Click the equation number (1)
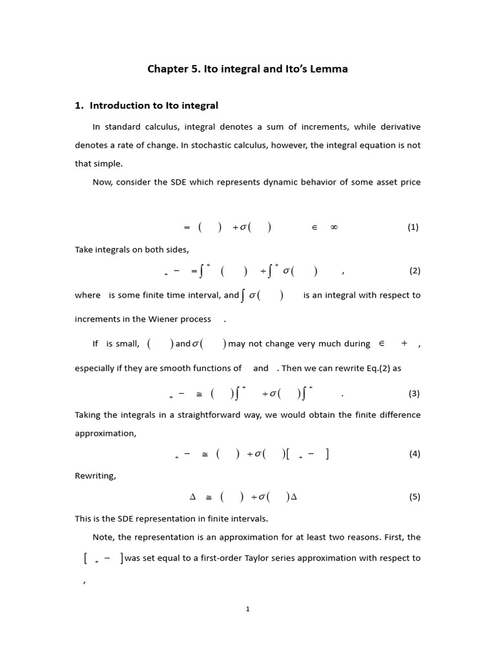(x=413, y=227)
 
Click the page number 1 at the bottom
(x=247, y=609)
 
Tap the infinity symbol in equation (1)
(x=334, y=227)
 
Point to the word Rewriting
(x=96, y=476)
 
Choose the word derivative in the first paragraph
(x=398, y=127)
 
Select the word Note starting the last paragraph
(x=103, y=537)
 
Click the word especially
(x=96, y=368)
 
